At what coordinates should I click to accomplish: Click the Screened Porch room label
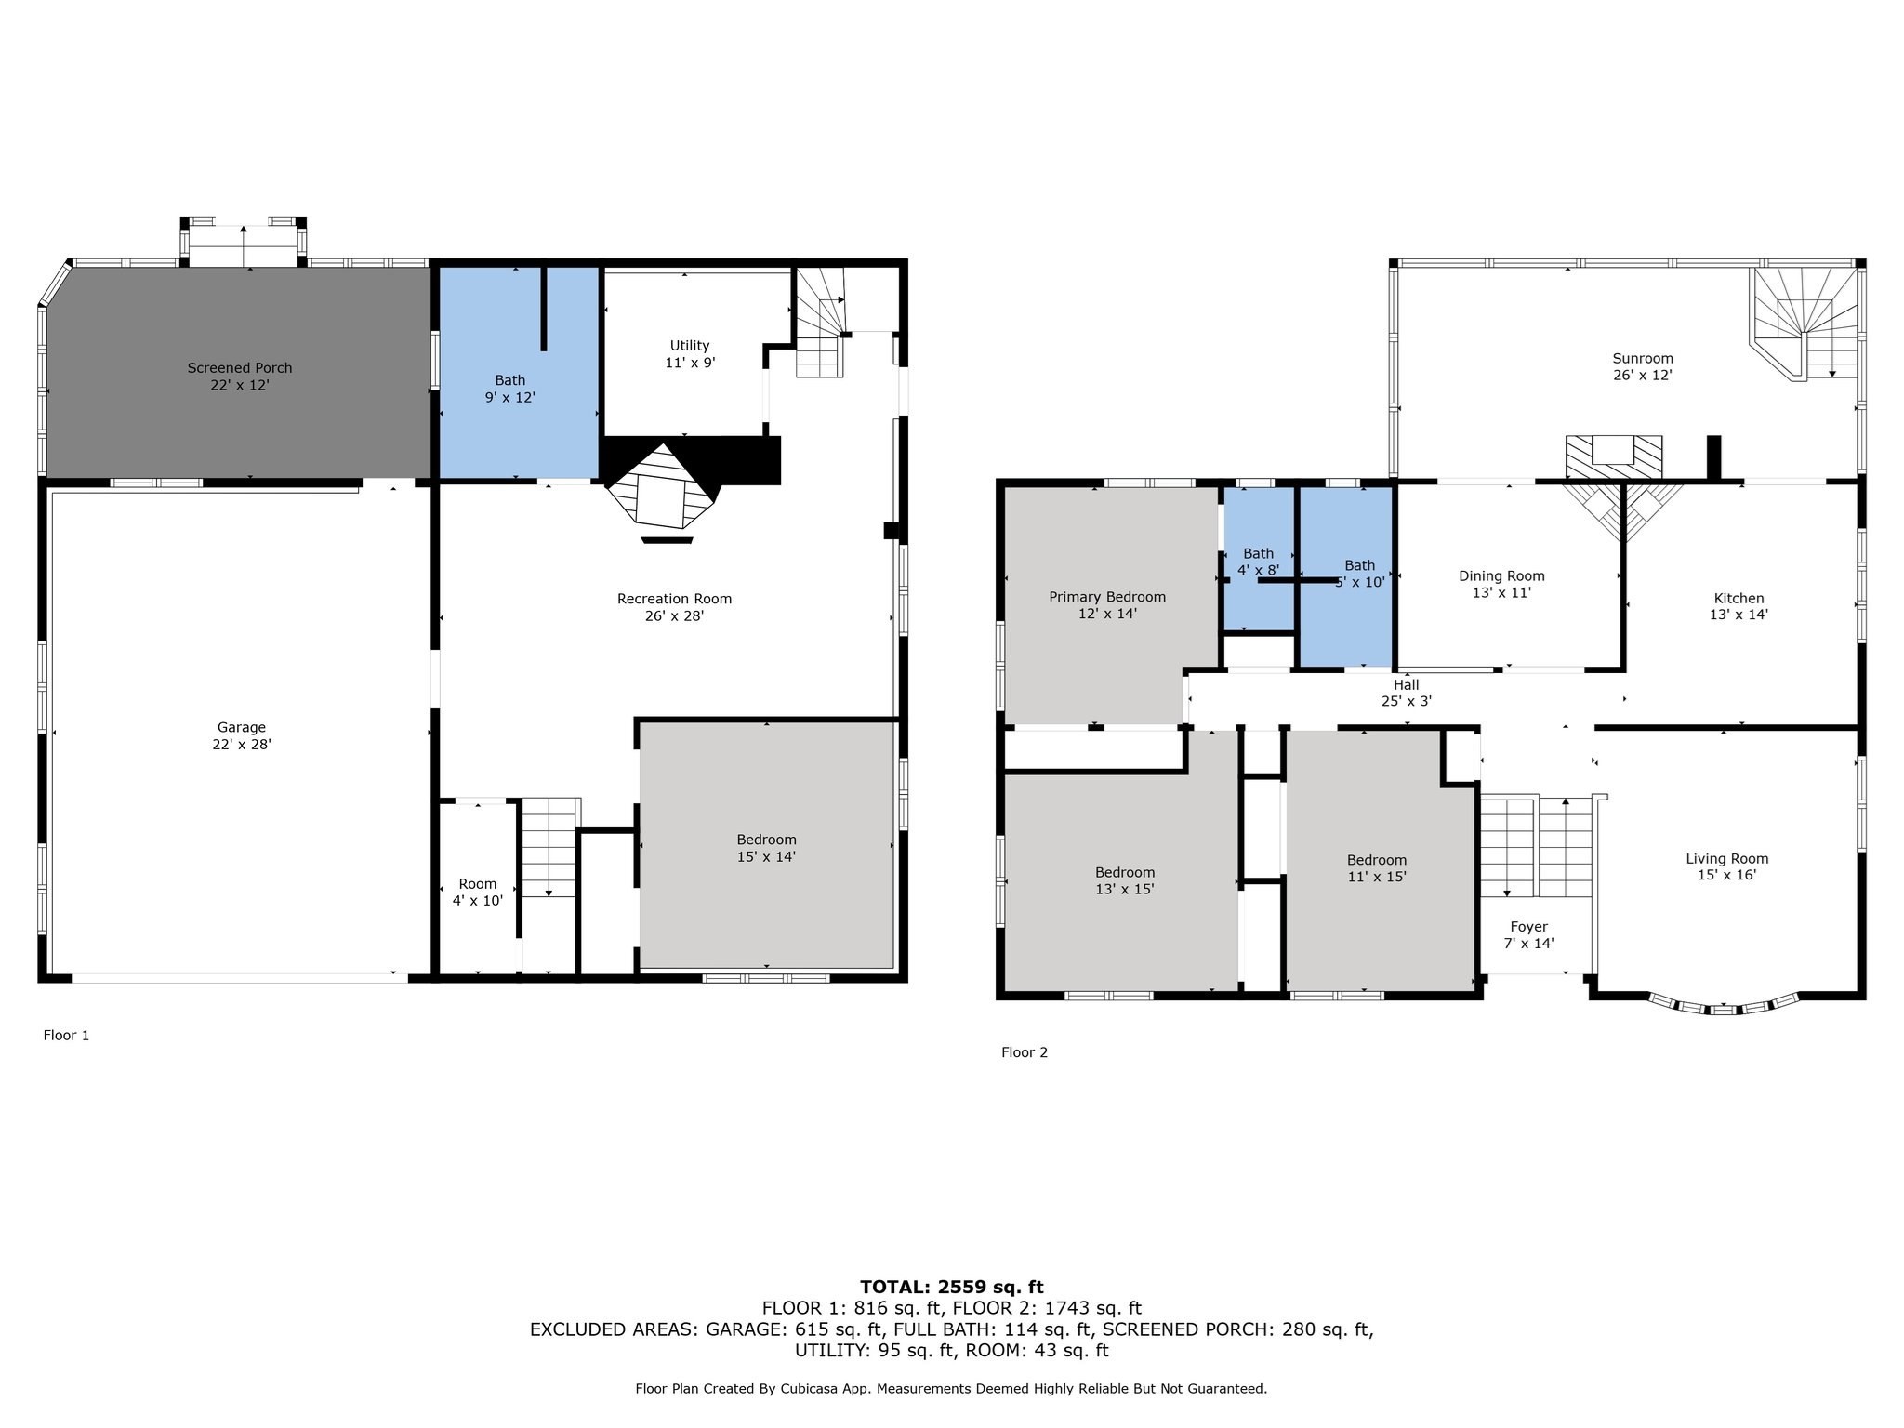(240, 377)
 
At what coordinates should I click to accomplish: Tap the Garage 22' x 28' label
(242, 736)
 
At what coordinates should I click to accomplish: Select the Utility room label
(690, 354)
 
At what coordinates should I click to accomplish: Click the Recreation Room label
(674, 607)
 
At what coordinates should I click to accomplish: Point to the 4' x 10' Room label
(478, 892)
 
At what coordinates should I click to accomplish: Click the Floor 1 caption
(66, 1035)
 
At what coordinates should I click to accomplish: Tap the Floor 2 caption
(1025, 1052)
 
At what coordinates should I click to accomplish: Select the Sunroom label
(1643, 366)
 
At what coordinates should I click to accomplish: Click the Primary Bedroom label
(1107, 605)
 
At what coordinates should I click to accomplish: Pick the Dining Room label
(1501, 584)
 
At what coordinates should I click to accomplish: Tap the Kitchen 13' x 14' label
(1739, 606)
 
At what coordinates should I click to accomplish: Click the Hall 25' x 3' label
(1407, 693)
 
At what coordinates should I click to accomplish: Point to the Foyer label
(1529, 934)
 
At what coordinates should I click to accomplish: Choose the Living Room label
(1727, 866)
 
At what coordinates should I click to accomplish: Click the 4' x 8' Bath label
(1259, 562)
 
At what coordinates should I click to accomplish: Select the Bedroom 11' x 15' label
(1377, 867)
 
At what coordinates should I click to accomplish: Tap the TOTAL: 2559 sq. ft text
(952, 1287)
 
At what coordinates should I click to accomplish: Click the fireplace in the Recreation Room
(662, 490)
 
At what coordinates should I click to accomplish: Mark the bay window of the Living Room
(1725, 1003)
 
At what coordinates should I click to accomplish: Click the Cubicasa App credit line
(951, 1389)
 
